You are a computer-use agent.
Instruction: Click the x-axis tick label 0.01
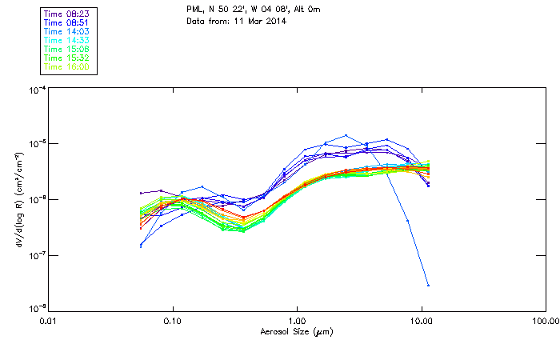point(48,321)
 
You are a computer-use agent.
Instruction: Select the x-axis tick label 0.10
point(172,321)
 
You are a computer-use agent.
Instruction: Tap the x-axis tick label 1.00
point(297,321)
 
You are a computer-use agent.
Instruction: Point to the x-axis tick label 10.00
point(421,321)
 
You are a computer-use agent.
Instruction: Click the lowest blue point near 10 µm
point(428,285)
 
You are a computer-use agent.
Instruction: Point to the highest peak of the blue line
point(346,135)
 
